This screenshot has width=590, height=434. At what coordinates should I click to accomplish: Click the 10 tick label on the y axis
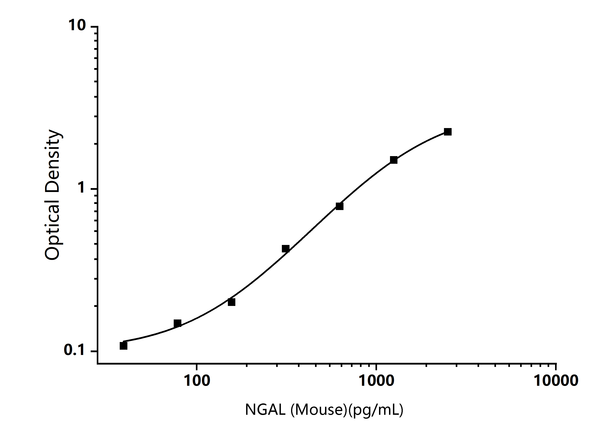coord(77,25)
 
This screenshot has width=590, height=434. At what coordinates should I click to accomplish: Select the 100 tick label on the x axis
coord(197,381)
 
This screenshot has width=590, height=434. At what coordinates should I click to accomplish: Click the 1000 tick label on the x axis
coord(376,381)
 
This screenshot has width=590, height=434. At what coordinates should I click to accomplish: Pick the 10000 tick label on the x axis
coord(556,381)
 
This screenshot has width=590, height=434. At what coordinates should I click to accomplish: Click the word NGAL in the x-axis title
coord(265,409)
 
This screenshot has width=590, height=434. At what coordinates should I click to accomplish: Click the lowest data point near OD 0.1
coord(123,346)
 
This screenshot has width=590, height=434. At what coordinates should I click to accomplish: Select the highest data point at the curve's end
coord(448,132)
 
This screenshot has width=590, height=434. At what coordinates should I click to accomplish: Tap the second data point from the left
coord(177,323)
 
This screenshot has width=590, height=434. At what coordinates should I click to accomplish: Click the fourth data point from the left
coord(286,248)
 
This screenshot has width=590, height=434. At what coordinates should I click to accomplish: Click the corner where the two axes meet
coord(98,364)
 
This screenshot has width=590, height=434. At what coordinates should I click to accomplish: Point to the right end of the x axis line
coord(556,364)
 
